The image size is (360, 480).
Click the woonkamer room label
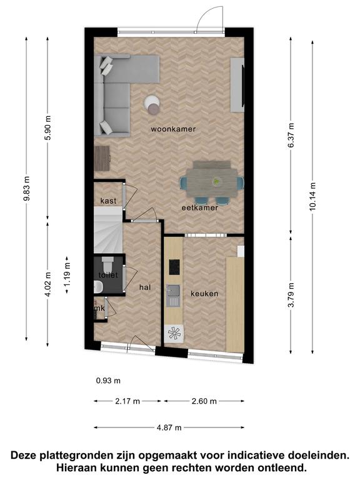click(x=173, y=129)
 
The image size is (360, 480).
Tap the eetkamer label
click(x=200, y=207)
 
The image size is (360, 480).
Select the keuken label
click(x=204, y=294)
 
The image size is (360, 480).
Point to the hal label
click(x=145, y=287)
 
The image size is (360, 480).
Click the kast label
click(x=108, y=201)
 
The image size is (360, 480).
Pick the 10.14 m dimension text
click(x=312, y=197)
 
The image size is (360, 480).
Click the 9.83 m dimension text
click(x=26, y=189)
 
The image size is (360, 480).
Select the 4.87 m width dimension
click(x=169, y=427)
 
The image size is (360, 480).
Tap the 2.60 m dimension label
click(x=204, y=401)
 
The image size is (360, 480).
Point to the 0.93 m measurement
click(x=108, y=381)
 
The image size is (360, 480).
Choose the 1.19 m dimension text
click(x=67, y=274)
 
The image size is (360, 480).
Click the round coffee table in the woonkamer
click(x=152, y=104)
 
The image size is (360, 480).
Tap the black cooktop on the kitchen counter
click(x=174, y=267)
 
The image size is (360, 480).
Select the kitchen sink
click(x=173, y=296)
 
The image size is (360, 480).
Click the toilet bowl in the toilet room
click(x=107, y=265)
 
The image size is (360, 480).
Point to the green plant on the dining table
click(x=216, y=182)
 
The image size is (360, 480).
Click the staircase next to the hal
click(x=108, y=230)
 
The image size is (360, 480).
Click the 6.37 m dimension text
click(x=291, y=135)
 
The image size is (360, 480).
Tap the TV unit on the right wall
click(x=237, y=84)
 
